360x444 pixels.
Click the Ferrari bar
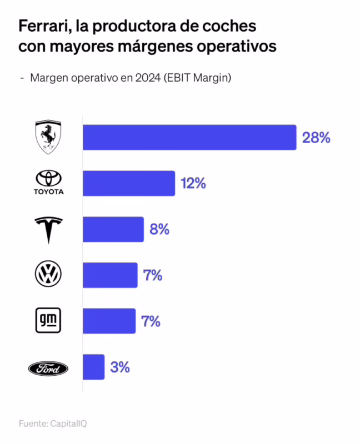tap(189, 137)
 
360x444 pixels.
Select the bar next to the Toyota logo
tap(129, 183)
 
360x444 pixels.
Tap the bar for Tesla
tap(113, 229)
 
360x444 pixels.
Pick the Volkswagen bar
tap(110, 275)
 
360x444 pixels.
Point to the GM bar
tap(109, 321)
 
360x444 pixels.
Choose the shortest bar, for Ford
tap(93, 367)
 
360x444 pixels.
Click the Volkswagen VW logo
tap(48, 274)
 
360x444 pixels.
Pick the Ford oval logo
tap(48, 367)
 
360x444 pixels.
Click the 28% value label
tap(316, 138)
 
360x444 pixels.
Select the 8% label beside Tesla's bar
tap(159, 229)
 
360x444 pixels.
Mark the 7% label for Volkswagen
tap(153, 275)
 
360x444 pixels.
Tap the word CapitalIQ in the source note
tap(68, 423)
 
